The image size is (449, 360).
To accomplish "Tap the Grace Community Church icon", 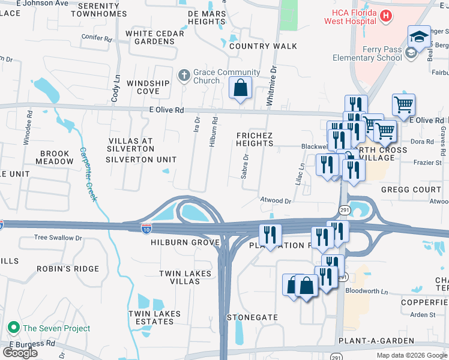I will click(x=185, y=76).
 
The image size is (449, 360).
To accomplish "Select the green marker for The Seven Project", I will click(x=13, y=328).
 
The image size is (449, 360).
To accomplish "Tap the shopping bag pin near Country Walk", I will click(x=240, y=88).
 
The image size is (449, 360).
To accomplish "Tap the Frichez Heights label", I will click(x=255, y=139).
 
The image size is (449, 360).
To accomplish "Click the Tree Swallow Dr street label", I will click(x=58, y=238).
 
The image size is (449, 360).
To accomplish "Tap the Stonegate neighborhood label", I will click(x=252, y=317).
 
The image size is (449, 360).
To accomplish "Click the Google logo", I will click(x=20, y=353).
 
